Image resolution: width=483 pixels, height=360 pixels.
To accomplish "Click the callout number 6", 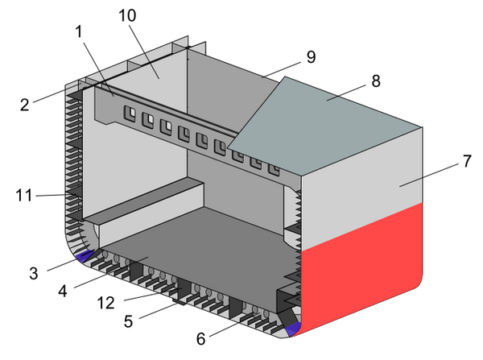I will (201, 338).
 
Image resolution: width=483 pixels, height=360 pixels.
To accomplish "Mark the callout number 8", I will (374, 81).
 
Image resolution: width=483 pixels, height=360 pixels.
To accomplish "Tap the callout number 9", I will (310, 56).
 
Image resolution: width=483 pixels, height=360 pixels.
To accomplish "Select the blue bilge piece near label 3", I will (83, 256).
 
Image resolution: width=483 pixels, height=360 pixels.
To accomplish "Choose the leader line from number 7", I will (427, 173).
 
